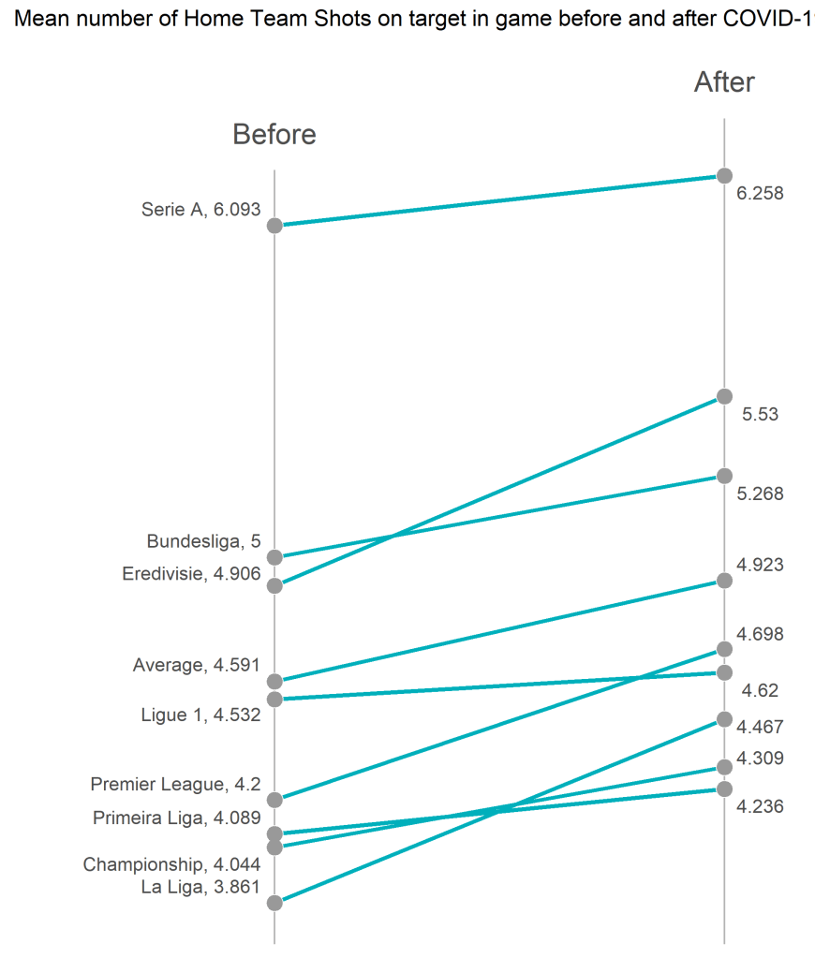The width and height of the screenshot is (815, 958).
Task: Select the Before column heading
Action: (274, 135)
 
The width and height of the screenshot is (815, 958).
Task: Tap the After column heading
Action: (724, 82)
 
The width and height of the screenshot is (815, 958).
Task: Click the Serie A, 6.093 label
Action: (200, 210)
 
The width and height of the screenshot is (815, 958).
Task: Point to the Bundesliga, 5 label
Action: (203, 541)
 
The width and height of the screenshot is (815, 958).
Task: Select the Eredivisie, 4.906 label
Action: (191, 573)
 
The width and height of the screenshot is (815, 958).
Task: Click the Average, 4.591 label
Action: (197, 665)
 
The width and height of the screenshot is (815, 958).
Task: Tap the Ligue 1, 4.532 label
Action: (200, 715)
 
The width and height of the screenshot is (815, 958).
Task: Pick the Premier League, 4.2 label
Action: (175, 784)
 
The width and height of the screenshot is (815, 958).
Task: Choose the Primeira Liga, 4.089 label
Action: (176, 818)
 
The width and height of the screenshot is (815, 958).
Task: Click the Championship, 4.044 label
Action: (171, 863)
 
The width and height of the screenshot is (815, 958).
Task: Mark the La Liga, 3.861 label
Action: (200, 887)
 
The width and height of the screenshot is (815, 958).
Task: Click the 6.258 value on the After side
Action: (760, 194)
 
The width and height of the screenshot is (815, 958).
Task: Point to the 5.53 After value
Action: (760, 415)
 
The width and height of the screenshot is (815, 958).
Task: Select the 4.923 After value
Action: (760, 564)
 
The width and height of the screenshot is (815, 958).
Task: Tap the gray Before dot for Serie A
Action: (274, 226)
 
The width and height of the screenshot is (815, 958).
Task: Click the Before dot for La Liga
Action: (274, 903)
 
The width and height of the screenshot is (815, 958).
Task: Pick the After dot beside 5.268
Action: (724, 476)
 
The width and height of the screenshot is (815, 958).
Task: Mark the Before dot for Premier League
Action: (274, 800)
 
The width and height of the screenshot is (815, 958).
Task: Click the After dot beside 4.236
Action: (724, 789)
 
